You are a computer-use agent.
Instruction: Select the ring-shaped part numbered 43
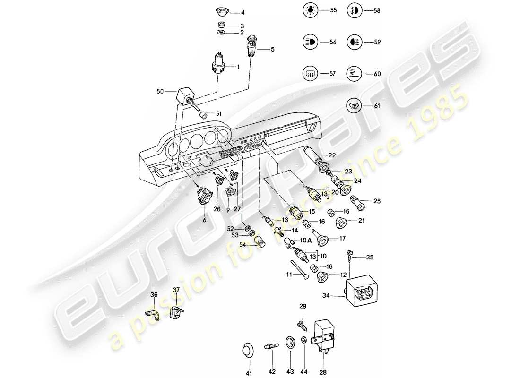290,341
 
